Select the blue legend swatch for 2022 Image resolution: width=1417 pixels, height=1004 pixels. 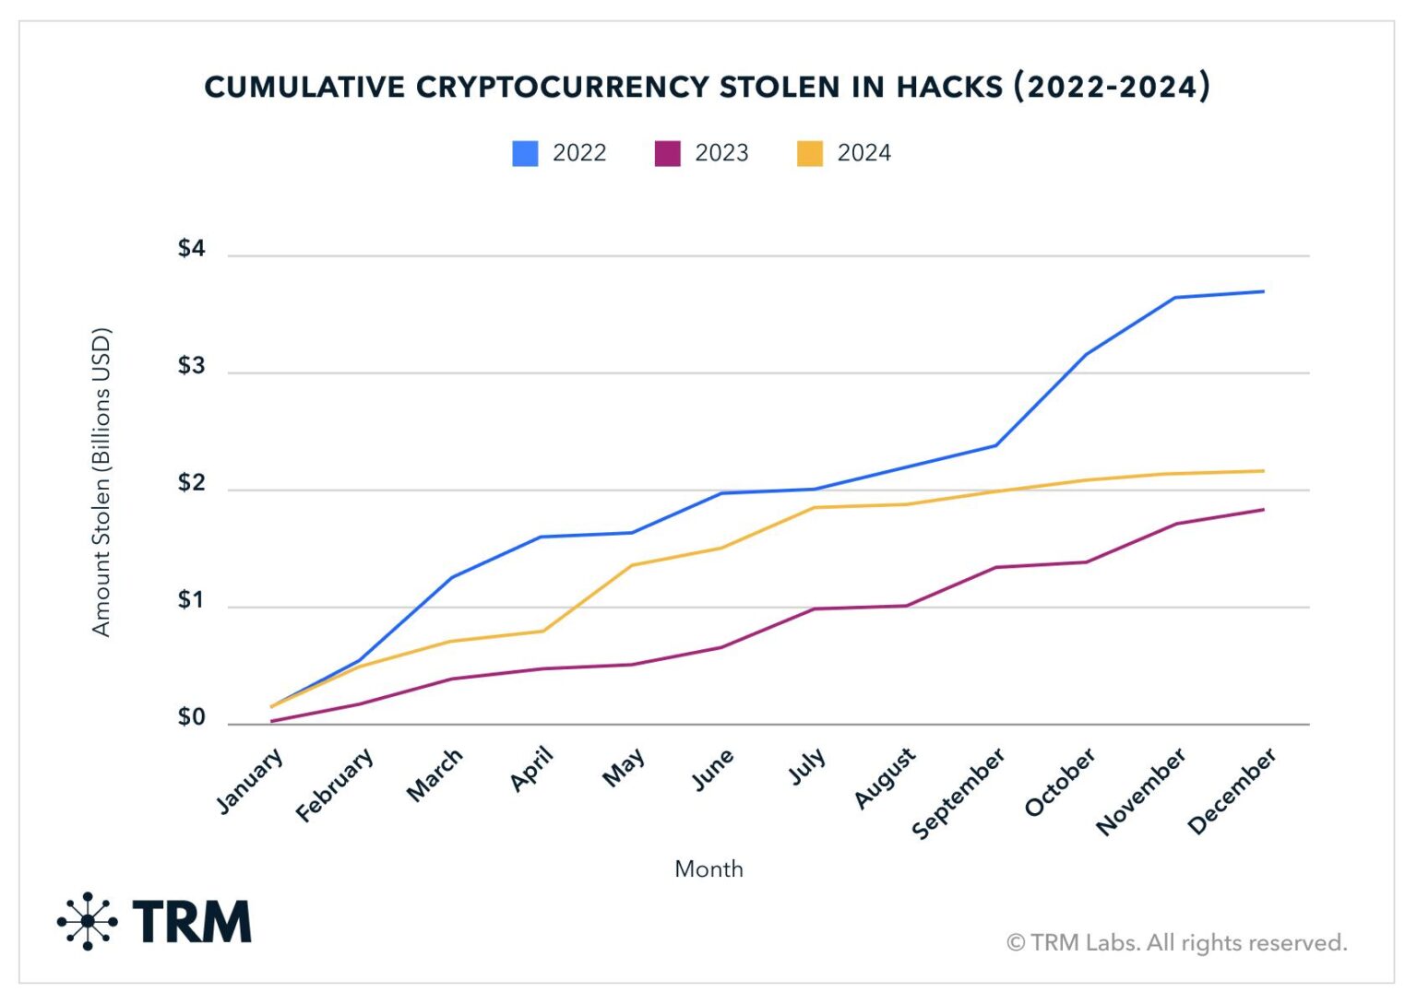525,153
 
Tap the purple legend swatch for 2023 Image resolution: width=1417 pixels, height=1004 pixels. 667,153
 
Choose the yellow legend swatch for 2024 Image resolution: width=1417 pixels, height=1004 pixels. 810,153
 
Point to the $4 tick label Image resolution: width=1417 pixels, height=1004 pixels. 191,249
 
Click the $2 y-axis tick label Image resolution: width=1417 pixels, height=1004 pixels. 191,483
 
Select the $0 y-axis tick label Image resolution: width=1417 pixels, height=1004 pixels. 191,717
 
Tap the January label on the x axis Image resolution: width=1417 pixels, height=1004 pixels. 250,781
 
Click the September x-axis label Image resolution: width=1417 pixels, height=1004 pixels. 959,794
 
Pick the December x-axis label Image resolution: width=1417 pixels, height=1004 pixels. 1232,791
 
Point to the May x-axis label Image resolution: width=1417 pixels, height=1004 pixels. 624,767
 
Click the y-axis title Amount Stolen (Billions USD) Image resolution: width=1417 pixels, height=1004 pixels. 101,481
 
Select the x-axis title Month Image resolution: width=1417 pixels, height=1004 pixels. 708,868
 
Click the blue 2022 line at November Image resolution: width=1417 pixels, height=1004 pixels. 1174,298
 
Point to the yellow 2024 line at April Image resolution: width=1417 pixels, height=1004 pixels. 542,632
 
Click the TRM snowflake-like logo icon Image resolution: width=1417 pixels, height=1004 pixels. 88,921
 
